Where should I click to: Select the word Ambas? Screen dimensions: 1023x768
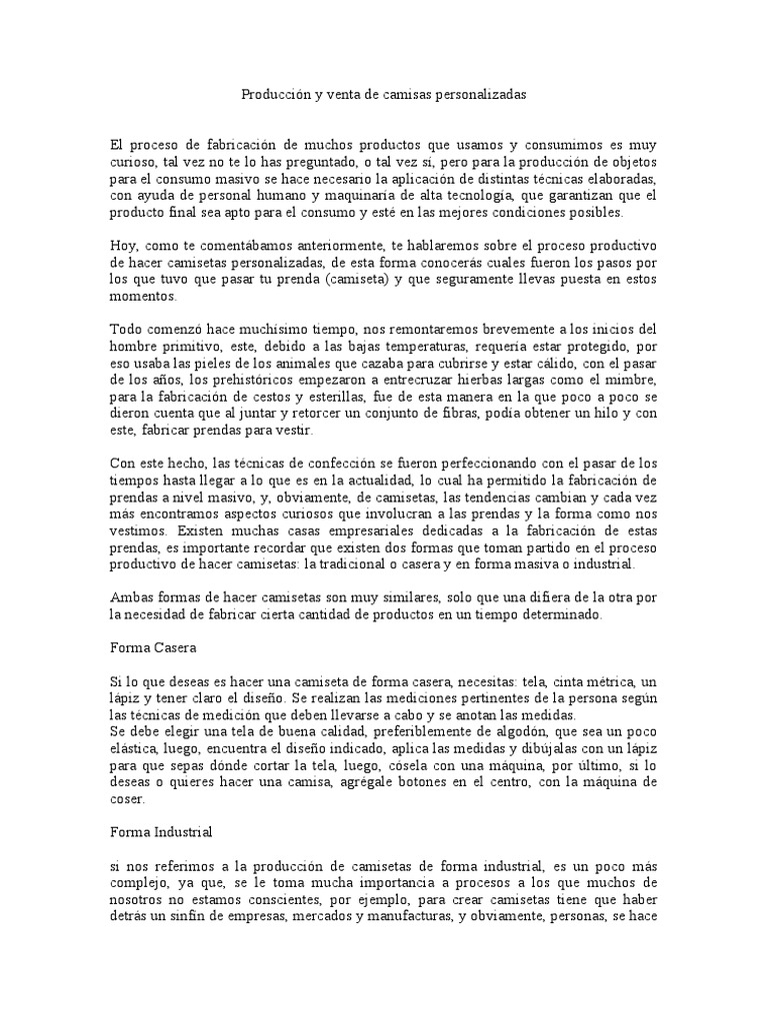point(131,598)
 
